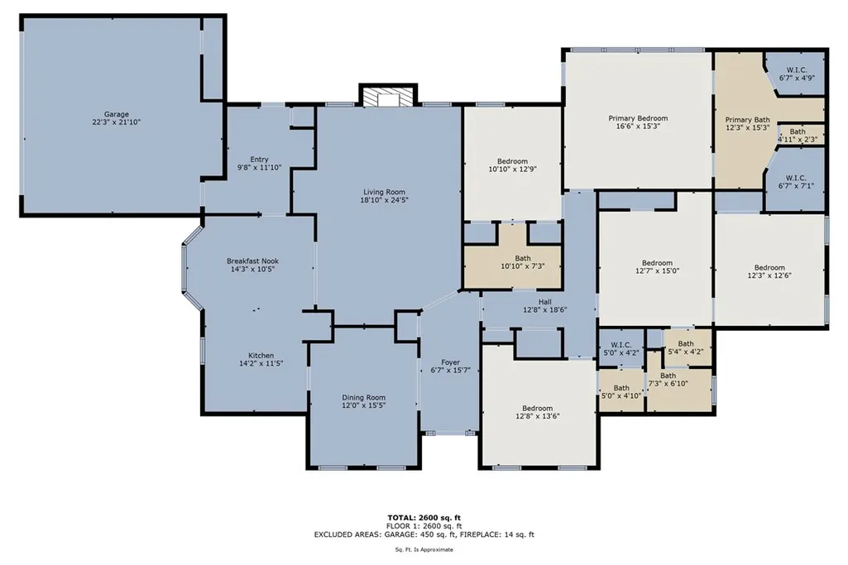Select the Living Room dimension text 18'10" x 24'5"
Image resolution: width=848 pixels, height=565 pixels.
384,200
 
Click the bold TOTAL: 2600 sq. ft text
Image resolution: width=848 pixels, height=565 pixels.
424,518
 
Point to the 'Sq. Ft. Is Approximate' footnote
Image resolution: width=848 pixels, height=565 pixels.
424,550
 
